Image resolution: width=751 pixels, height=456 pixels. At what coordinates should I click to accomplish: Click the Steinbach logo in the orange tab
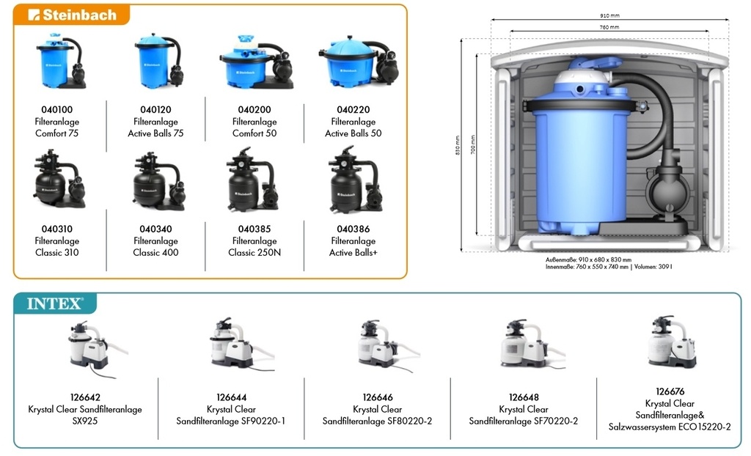pyautogui.click(x=72, y=15)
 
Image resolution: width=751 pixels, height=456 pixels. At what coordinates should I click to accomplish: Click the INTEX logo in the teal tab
pyautogui.click(x=55, y=304)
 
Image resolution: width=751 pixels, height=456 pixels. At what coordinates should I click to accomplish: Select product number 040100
pyautogui.click(x=56, y=110)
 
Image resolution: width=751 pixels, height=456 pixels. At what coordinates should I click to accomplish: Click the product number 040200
pyautogui.click(x=254, y=110)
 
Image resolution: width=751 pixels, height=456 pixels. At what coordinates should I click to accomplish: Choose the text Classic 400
pyautogui.click(x=155, y=253)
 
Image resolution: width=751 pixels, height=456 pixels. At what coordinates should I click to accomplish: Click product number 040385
pyautogui.click(x=254, y=229)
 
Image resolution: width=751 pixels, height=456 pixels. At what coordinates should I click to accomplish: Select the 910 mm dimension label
pyautogui.click(x=609, y=15)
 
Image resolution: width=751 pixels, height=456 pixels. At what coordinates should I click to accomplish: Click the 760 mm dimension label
pyautogui.click(x=609, y=27)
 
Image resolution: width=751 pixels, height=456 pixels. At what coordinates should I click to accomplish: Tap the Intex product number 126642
pyautogui.click(x=84, y=398)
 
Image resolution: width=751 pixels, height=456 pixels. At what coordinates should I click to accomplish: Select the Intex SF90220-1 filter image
pyautogui.click(x=232, y=345)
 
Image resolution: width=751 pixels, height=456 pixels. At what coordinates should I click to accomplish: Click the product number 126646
pyautogui.click(x=377, y=398)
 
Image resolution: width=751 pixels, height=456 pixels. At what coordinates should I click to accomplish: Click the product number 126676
pyautogui.click(x=670, y=392)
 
